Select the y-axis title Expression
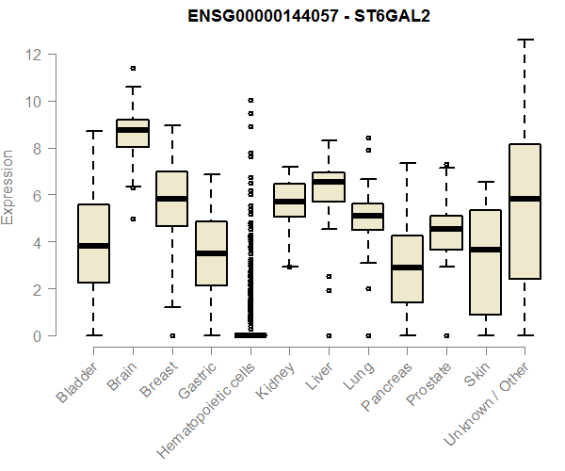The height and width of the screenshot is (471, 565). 8,187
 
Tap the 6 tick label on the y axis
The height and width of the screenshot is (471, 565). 33,195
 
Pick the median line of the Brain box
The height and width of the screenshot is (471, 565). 133,130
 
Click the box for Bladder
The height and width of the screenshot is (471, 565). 93,243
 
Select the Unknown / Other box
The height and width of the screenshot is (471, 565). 525,212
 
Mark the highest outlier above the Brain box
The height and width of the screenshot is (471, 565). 133,69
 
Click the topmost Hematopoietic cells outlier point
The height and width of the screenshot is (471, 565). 250,100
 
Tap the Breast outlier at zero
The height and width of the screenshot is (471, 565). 171,335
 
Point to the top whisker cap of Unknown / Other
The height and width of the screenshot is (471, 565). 525,41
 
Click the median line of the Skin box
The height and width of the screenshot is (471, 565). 485,250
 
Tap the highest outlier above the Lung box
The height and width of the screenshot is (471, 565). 367,138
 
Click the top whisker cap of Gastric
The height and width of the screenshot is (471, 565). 211,174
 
